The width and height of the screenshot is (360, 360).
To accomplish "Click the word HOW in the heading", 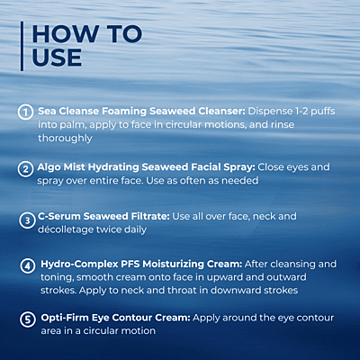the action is (66, 34).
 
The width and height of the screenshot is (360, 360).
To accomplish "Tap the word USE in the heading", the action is (57, 58).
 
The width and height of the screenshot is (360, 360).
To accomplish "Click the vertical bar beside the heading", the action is (22, 46).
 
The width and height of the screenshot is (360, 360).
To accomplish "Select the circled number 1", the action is (25, 112).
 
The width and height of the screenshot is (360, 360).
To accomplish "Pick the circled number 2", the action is (25, 169).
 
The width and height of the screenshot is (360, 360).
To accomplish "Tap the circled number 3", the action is (27, 220).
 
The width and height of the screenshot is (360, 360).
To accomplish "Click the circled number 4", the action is (28, 265).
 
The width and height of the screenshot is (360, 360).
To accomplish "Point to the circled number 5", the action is (28, 319).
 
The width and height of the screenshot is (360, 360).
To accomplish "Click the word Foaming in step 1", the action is (124, 112).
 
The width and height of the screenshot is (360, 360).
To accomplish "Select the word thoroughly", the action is (65, 139).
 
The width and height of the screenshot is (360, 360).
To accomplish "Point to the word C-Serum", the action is (59, 216).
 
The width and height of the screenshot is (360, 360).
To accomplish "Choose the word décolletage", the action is (66, 229).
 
